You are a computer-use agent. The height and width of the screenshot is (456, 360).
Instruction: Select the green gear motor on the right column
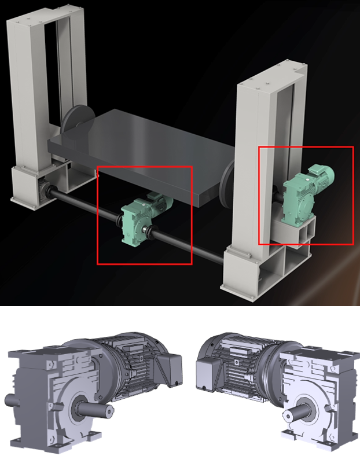point(301,196)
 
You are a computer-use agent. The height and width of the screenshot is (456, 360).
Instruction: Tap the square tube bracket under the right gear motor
point(301,231)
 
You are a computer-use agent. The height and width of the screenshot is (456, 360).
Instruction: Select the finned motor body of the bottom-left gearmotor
point(130,370)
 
